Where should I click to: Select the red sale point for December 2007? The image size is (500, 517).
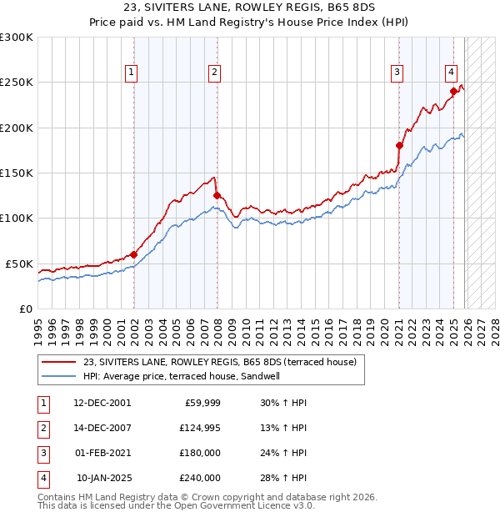pos(217,196)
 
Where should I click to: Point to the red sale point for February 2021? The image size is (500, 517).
pos(399,146)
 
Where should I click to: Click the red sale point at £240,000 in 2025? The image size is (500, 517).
pos(453,92)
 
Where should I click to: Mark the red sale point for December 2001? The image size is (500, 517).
pos(133,254)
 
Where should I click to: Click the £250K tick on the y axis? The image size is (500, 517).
pos(17,83)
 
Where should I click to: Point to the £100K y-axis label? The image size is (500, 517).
pos(17,218)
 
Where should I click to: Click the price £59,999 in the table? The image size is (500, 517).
pos(201,403)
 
